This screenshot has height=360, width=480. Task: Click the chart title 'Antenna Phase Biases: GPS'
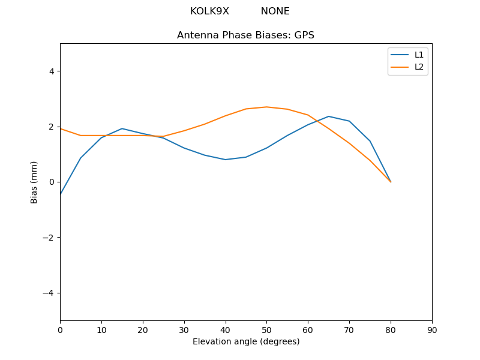[x=245, y=35]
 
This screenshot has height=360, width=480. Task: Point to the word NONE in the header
[x=275, y=11]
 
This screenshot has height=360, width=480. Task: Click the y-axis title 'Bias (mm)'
[x=34, y=182]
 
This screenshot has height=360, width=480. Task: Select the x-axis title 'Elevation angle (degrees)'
[x=246, y=341]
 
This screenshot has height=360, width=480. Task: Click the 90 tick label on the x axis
[x=432, y=329]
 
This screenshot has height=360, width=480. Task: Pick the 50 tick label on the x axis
[x=266, y=329]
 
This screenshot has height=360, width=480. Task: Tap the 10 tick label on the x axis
[x=101, y=329]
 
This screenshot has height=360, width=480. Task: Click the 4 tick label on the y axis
[x=51, y=71]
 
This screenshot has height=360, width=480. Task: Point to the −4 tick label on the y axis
[x=48, y=293]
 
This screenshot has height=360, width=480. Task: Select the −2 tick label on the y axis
[x=48, y=238]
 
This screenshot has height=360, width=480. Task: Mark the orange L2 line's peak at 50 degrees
[x=266, y=107]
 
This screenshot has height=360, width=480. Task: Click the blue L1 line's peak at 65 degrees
[x=329, y=116]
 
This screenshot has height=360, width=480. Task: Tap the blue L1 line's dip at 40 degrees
[x=226, y=160]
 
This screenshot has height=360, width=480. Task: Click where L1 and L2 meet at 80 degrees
[x=391, y=182]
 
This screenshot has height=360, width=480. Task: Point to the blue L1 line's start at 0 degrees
[x=60, y=194]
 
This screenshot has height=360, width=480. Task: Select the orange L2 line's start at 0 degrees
[x=60, y=128]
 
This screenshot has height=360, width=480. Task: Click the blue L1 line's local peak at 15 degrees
[x=122, y=128]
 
